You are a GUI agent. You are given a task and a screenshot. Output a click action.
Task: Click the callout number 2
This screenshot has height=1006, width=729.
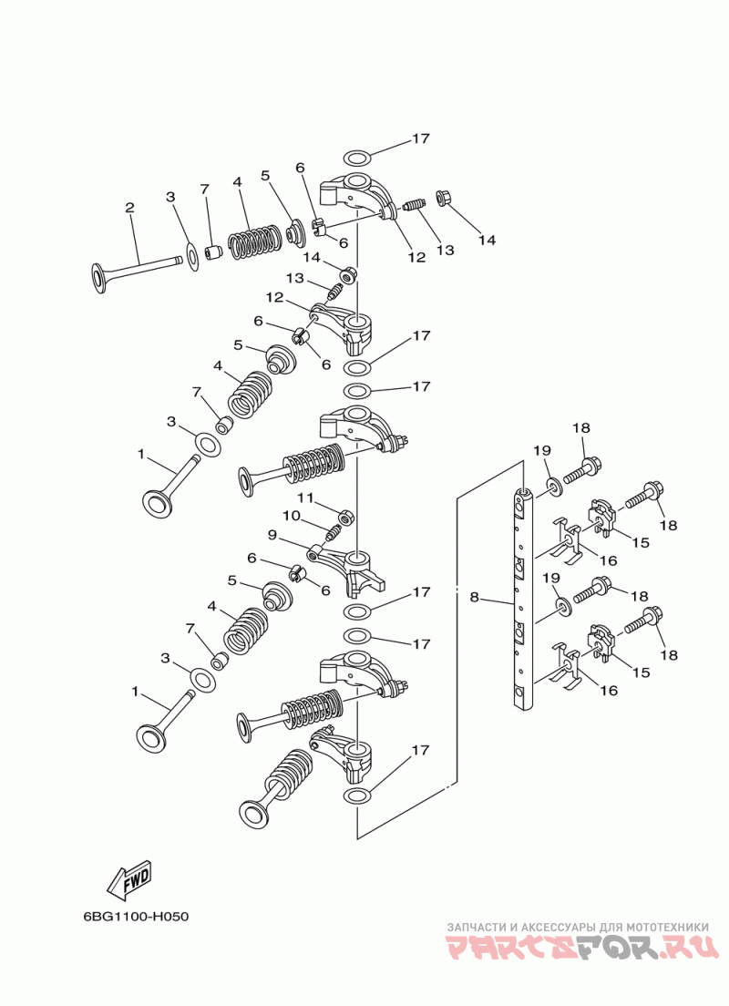pos(129,207)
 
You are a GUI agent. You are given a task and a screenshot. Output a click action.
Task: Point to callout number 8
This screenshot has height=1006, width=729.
pos(474,598)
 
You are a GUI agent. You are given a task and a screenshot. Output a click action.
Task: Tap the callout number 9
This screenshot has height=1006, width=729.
pos(272,534)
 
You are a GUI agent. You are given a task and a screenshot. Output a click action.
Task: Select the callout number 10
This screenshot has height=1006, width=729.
pos(291,515)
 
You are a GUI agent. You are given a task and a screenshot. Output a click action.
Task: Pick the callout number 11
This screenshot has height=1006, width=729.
pos(305,498)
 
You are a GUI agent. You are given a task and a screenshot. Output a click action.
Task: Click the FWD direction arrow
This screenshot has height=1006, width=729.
pos(129,878)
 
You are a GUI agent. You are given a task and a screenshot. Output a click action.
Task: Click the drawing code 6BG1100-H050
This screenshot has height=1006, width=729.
pos(136,916)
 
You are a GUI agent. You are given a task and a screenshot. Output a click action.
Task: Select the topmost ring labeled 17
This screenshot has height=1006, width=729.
pos(357,157)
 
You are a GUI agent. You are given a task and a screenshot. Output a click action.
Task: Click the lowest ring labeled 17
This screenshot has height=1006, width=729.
pos(357,796)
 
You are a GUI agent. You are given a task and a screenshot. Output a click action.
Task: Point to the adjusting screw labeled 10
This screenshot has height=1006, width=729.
pos(333,531)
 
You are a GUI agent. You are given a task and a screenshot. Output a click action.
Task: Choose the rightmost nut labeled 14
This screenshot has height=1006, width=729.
pos(443,198)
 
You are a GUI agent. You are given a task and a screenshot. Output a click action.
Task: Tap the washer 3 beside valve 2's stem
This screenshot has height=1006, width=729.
pos(191,257)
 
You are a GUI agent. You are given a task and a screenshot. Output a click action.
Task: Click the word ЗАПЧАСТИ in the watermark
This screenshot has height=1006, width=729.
pos(476,927)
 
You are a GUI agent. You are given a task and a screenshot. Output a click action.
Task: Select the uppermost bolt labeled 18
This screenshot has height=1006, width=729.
pos(582,471)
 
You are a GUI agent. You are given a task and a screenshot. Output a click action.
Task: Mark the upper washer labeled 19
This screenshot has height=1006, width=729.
pos(554,487)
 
